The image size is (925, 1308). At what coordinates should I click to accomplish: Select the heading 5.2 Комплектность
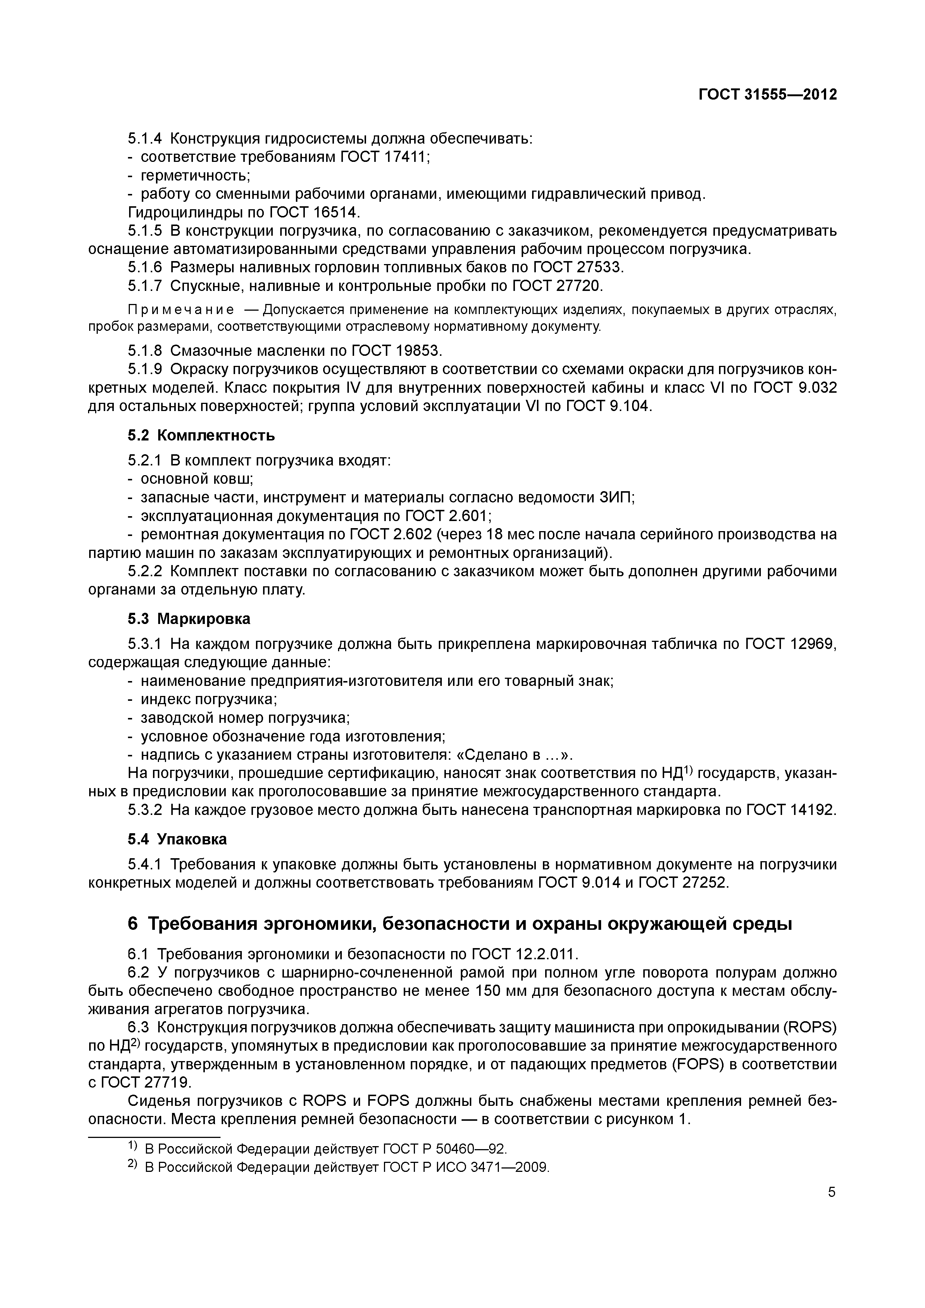[x=201, y=435]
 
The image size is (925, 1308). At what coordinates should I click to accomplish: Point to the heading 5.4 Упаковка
[x=177, y=839]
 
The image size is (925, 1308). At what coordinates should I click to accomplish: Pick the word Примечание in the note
[x=181, y=310]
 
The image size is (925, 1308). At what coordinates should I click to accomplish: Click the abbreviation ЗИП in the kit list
[x=616, y=497]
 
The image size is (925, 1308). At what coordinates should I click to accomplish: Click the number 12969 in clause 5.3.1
[x=812, y=644]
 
